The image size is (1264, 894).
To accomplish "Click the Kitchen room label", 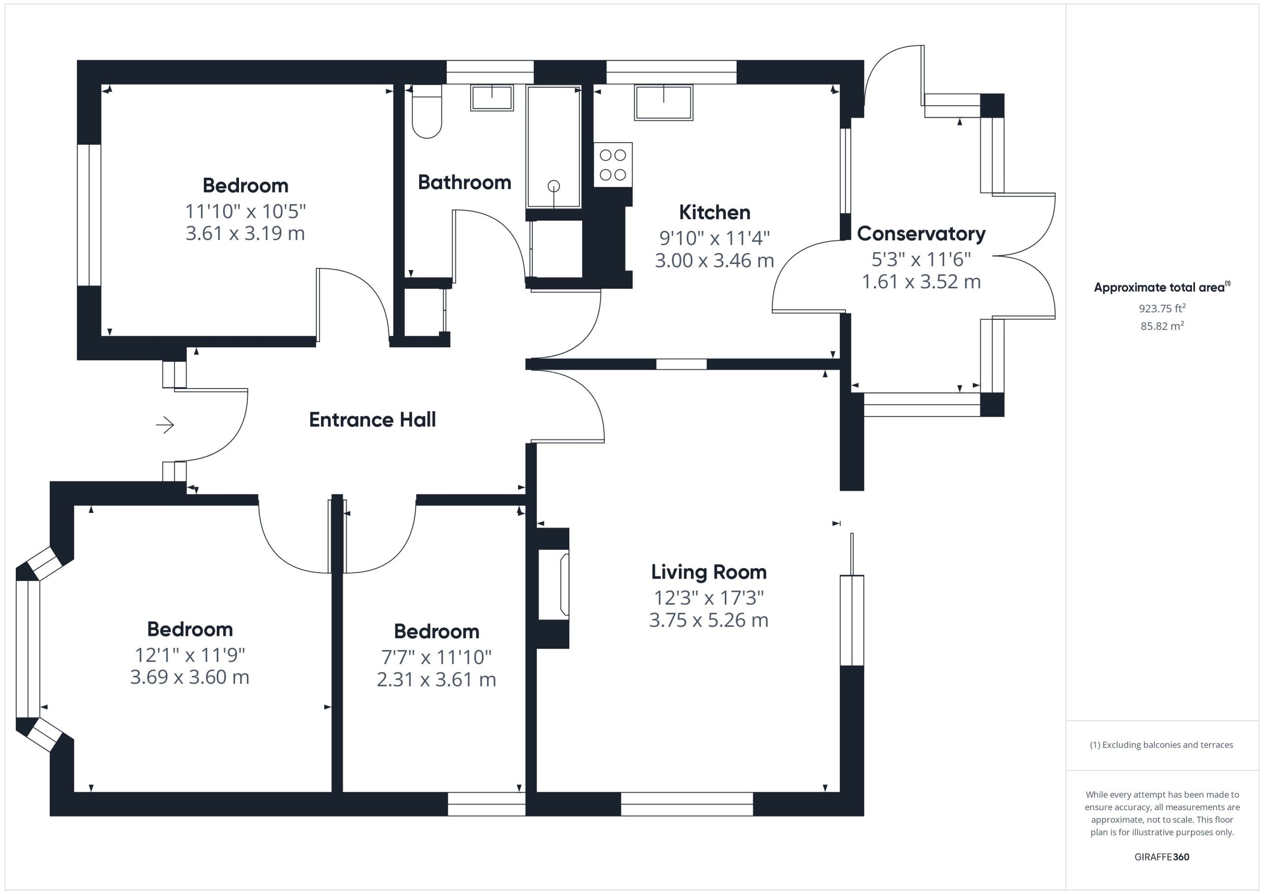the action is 714,212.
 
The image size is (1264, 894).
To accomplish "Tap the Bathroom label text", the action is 465,182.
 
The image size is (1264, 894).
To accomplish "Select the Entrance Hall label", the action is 372,420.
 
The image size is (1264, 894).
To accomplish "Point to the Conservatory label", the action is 921,234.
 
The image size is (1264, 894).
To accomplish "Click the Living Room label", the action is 709,573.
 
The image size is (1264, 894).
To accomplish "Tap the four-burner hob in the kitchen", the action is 613,164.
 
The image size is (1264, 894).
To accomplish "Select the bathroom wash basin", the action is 492,97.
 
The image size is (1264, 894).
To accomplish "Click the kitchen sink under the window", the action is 664,102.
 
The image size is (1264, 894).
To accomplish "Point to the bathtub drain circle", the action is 554,186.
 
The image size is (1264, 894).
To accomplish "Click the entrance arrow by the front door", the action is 165,425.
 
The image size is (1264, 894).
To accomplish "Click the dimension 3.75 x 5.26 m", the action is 709,621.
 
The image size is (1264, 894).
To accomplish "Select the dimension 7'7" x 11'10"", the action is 436,657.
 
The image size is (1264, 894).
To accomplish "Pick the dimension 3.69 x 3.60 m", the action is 190,677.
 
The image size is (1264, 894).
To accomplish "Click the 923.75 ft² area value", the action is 1162,308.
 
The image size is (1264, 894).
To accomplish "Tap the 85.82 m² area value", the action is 1162,326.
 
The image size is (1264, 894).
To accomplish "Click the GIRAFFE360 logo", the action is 1162,856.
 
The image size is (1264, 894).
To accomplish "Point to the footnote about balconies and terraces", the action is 1162,745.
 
